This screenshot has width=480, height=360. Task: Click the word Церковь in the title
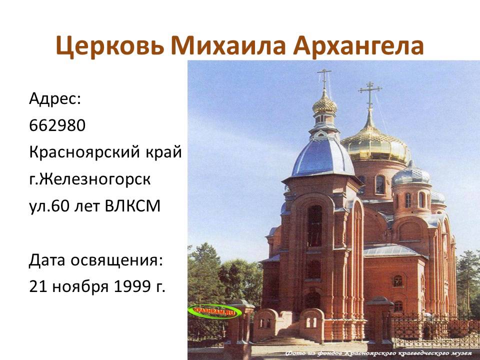pyautogui.click(x=109, y=46)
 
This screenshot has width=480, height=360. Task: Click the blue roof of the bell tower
pyautogui.click(x=322, y=157)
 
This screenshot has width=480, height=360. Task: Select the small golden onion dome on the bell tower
pyautogui.click(x=324, y=104)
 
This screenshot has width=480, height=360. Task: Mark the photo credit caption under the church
pyautogui.click(x=380, y=353)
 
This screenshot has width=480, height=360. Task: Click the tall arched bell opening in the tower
pyautogui.click(x=314, y=225)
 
